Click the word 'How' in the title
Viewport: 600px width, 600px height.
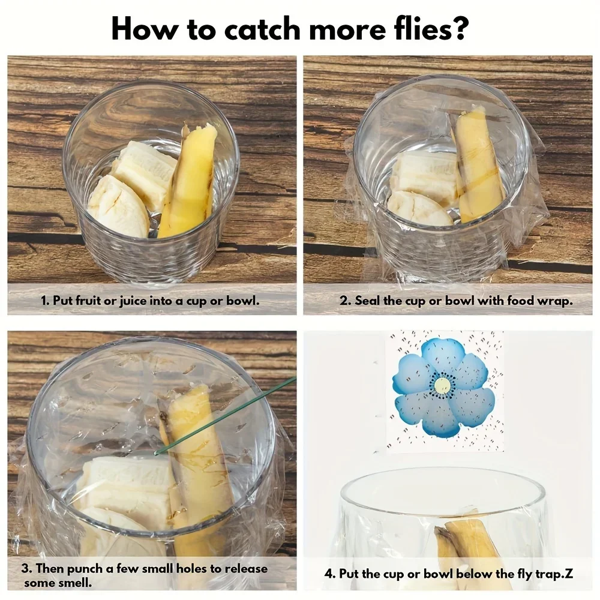(x=143, y=29)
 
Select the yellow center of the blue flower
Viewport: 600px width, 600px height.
(x=443, y=385)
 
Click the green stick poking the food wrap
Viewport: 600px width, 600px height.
(x=226, y=415)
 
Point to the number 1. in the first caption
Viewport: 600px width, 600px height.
(x=45, y=301)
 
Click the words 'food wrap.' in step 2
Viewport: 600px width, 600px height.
(x=540, y=301)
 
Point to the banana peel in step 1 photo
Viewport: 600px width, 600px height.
(x=187, y=180)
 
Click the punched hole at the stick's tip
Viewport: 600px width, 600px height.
(x=157, y=454)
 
